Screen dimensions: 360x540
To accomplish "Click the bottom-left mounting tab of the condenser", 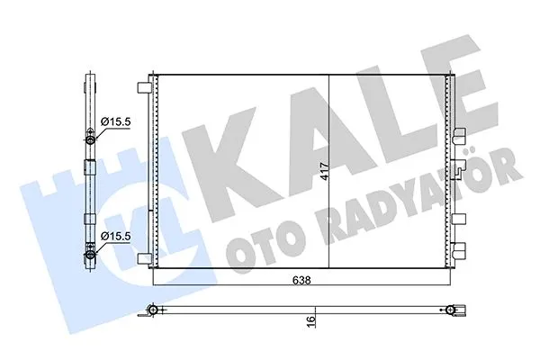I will pos(143,255).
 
